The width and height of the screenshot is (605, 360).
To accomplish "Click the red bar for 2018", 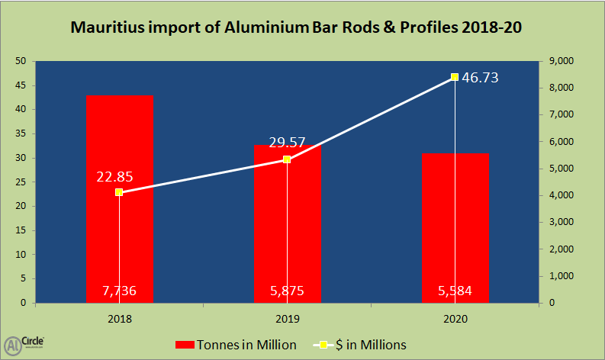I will (x=120, y=229).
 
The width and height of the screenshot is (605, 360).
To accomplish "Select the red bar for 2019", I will (x=287, y=244).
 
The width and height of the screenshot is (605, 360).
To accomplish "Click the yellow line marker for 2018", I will (x=120, y=192).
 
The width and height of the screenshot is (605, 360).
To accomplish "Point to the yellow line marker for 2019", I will (x=287, y=159).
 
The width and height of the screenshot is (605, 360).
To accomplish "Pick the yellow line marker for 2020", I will (x=455, y=77).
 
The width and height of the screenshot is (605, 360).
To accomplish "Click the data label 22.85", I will (x=115, y=176).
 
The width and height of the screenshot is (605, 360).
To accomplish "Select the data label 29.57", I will (x=287, y=143).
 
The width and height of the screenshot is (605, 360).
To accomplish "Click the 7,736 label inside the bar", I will (x=120, y=291).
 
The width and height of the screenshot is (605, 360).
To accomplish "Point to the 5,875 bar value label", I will (x=287, y=291).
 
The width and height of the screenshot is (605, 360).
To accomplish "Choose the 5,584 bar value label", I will (x=455, y=291).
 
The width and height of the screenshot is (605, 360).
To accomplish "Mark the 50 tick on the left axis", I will (x=21, y=61).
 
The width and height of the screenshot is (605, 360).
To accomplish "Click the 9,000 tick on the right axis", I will (x=561, y=61).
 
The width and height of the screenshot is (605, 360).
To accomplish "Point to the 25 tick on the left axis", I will (x=21, y=182).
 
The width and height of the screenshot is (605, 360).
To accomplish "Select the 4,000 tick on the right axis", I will (x=561, y=195).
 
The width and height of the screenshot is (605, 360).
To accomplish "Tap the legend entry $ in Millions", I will (x=362, y=345).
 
